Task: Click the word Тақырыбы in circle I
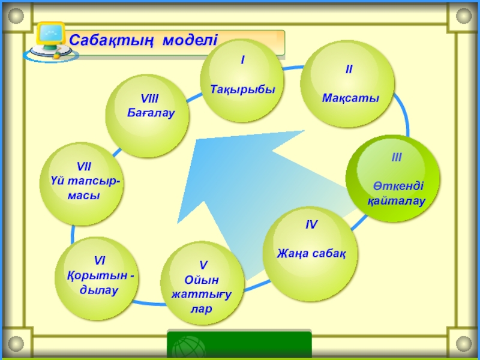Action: pos(242,89)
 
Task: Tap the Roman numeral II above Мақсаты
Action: pos(349,70)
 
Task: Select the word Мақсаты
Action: pos(350,98)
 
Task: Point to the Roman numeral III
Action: pos(396,158)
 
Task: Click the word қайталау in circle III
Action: pos(397,201)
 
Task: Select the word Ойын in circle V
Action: pos(203,280)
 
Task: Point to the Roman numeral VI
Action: pos(100,260)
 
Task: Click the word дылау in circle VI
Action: pos(99,290)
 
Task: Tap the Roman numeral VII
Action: pos(83,166)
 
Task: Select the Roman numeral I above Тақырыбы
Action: pos(242,61)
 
